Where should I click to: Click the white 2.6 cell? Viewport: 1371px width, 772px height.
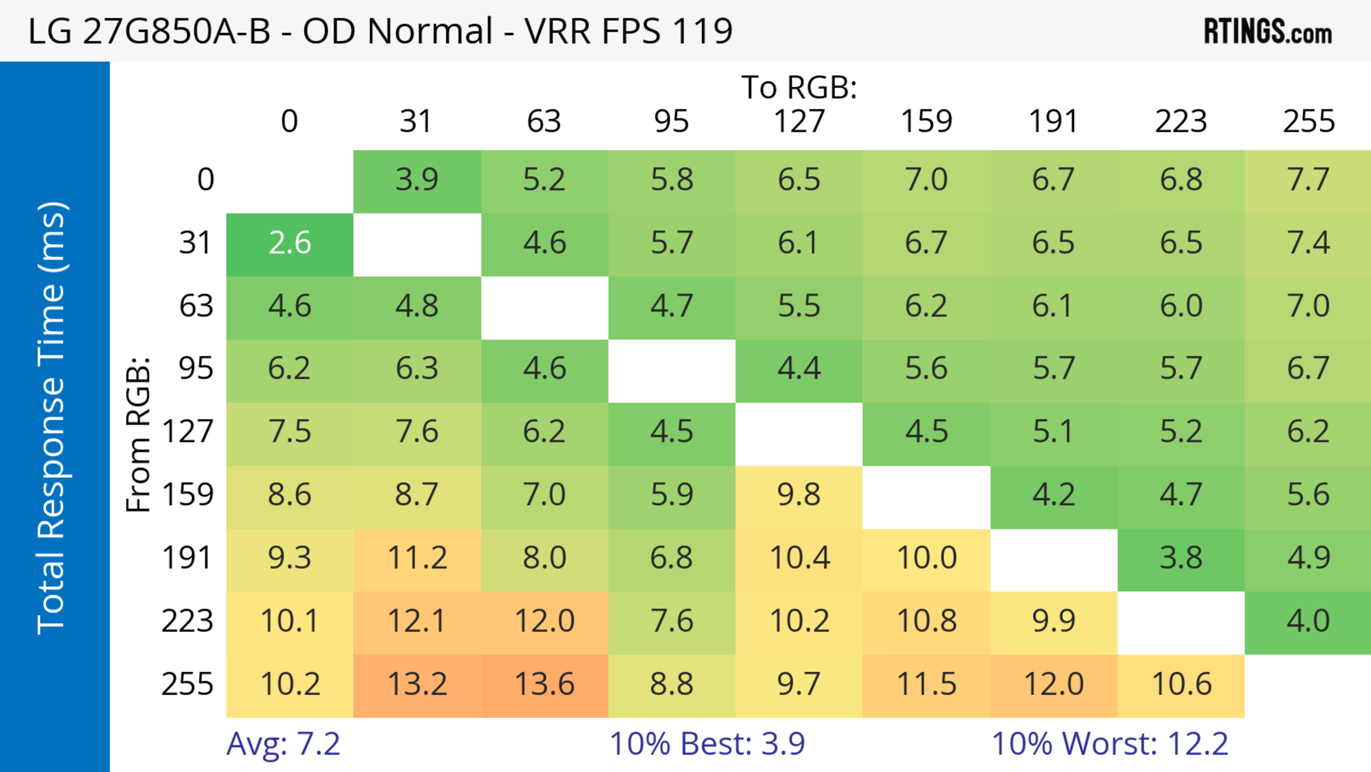coord(290,243)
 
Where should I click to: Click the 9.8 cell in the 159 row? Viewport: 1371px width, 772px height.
coord(799,495)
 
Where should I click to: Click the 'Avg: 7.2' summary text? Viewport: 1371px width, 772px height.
coord(283,744)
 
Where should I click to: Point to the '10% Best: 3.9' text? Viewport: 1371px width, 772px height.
coord(707,744)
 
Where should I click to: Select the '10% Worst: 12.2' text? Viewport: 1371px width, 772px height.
coord(1110,744)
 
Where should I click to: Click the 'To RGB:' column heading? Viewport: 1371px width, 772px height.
coord(799,87)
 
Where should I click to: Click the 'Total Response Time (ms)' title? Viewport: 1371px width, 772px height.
coord(52,418)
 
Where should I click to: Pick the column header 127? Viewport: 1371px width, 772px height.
coord(799,121)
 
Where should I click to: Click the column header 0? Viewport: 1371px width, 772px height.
coord(290,121)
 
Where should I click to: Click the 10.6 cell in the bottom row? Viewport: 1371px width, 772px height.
coord(1181,684)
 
